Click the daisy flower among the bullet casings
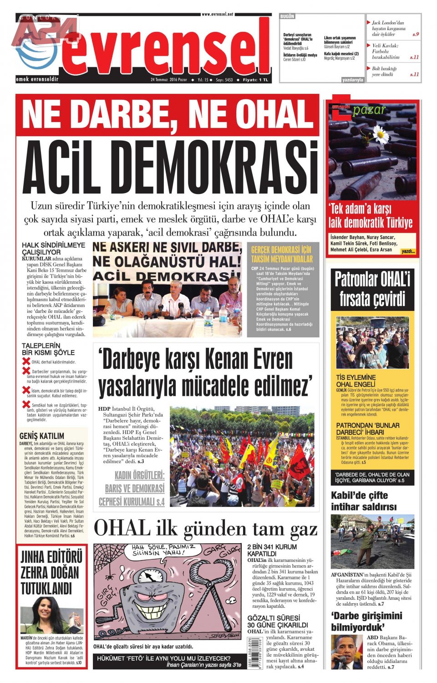380,134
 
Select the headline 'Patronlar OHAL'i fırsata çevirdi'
372,290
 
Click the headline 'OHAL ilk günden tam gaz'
206,529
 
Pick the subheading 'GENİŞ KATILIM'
42,436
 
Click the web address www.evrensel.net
217,14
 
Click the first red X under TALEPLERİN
26,361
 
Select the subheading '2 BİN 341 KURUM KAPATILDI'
272,550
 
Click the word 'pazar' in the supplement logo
369,110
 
